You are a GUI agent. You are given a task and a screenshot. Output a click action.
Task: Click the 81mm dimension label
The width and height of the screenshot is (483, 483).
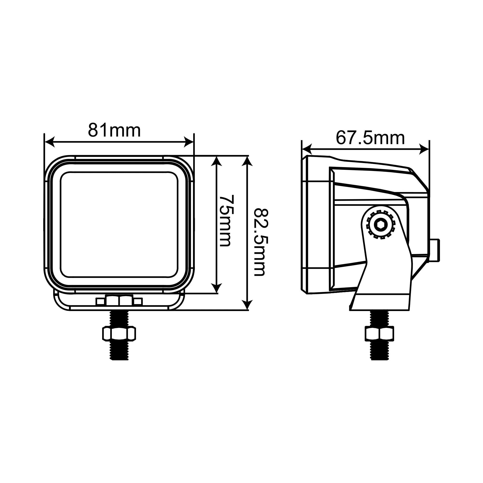point(114,130)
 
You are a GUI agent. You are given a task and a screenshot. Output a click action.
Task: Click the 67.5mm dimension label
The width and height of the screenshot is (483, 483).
point(370,138)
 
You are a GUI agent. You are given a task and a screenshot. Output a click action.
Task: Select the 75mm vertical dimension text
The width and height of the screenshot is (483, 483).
point(226,220)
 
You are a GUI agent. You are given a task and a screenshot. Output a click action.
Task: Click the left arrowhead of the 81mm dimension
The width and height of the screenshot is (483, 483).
point(50,142)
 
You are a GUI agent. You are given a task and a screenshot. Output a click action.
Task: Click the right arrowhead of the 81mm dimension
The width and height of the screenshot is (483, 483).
point(189,142)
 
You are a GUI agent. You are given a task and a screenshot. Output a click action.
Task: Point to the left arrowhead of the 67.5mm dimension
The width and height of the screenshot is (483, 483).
point(307,149)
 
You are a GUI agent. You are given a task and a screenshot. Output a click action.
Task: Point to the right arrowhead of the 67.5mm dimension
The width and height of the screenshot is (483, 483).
point(424,149)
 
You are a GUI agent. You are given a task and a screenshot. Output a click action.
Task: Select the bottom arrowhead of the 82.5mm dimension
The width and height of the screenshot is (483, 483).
point(247,305)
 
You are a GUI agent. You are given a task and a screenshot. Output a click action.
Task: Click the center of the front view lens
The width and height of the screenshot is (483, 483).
point(119,224)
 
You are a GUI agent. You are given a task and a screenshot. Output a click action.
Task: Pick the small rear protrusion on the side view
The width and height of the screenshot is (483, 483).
point(435,250)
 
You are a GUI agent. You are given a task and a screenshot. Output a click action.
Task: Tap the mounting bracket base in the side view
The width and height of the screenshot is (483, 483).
point(380,303)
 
